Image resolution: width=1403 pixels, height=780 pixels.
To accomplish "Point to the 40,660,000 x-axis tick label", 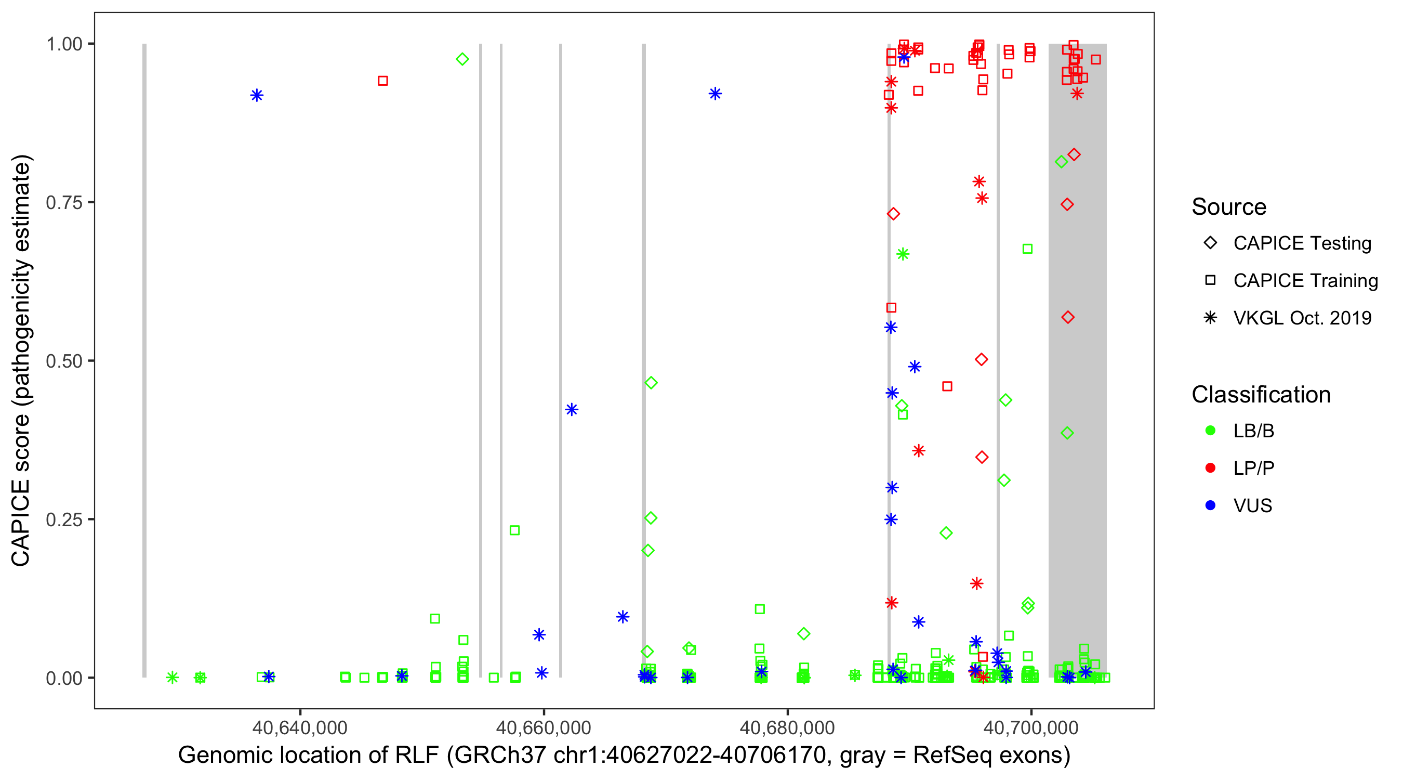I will pos(543,728).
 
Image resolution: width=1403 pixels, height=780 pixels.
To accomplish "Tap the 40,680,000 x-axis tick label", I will pos(787,728).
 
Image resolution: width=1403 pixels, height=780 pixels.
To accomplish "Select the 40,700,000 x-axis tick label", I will pos(1030,728).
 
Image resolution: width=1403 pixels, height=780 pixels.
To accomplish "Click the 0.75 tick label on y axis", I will pos(64,202).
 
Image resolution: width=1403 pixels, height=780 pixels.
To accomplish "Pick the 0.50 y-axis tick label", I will pos(64,361).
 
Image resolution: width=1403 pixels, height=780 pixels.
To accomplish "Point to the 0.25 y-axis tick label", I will pos(64,519).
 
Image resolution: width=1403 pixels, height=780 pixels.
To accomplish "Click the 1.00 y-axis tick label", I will pos(64,44).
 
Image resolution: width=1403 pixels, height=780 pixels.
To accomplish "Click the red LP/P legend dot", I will pos(1211,468).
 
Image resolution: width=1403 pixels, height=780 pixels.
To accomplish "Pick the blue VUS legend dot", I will pos(1211,505).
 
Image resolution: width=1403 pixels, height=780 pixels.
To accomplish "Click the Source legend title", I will pos(1229,207).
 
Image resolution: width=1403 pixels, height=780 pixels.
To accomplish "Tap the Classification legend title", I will pos(1261,395).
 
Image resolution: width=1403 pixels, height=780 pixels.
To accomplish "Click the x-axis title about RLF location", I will pos(624,756).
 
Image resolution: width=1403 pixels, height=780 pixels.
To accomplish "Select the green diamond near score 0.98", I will pos(462,59).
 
